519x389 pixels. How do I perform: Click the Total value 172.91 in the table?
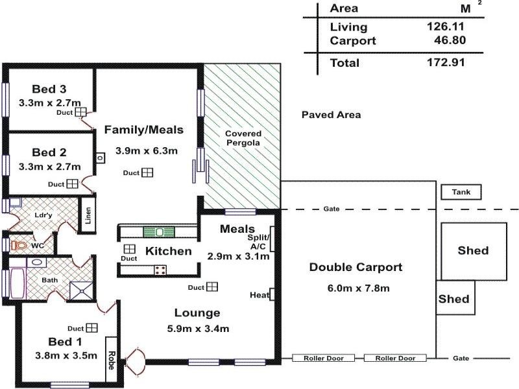tap(445, 64)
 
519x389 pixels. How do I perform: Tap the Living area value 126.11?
tap(445, 27)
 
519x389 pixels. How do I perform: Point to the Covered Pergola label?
tap(243, 137)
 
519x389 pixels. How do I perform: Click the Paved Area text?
tap(331, 115)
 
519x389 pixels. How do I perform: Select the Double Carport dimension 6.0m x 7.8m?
tap(356, 289)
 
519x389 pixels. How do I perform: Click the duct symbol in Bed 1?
tap(91, 327)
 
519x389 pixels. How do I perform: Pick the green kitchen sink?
tap(157, 231)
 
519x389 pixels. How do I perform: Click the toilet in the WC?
tap(19, 246)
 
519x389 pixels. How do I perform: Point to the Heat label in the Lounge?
tap(259, 295)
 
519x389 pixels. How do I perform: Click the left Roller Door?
tap(323, 358)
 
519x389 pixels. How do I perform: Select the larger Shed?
tap(473, 251)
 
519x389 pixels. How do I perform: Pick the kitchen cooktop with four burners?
tap(160, 270)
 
